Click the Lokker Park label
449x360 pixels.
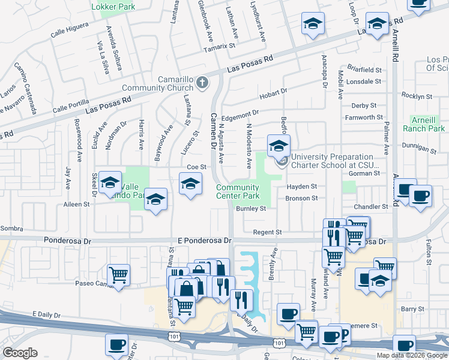pos(113,7)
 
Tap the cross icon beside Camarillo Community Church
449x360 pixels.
pos(202,82)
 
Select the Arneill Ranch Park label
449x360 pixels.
pos(429,124)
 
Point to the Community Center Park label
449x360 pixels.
pos(238,191)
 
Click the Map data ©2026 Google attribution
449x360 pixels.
pos(411,355)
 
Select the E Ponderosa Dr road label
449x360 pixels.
pos(202,240)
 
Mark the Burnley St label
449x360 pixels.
pos(251,209)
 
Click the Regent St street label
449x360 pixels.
pos(267,232)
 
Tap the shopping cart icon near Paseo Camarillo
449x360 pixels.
pos(119,275)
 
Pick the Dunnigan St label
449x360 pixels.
pos(418,148)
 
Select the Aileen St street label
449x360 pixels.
pos(76,204)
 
